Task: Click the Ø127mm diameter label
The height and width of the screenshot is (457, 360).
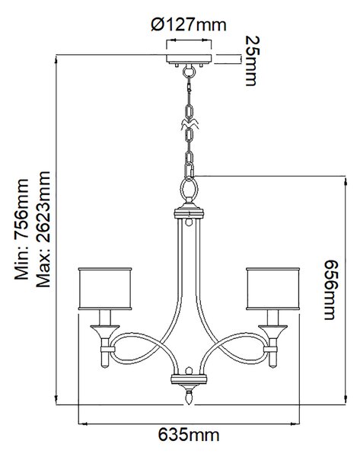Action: coord(189,25)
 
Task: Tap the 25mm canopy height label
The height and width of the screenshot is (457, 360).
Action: coord(250,61)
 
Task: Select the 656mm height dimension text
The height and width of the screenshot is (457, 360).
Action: coord(331,289)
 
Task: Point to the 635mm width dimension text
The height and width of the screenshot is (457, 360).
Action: coord(189,435)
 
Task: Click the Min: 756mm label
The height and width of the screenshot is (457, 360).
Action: coord(21,229)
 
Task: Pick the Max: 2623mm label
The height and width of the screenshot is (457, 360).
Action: coord(43,229)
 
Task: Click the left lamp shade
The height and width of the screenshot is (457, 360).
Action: coord(105,289)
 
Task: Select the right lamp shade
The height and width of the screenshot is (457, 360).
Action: coord(273,289)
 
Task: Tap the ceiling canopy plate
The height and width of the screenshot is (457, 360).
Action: coord(189,59)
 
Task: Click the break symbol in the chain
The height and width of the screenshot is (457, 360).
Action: coord(190,124)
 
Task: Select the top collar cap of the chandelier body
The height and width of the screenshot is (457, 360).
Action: coord(189,213)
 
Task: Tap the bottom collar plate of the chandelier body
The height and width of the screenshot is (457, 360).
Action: coord(189,379)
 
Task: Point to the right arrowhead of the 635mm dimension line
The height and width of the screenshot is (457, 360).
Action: coord(295,423)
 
